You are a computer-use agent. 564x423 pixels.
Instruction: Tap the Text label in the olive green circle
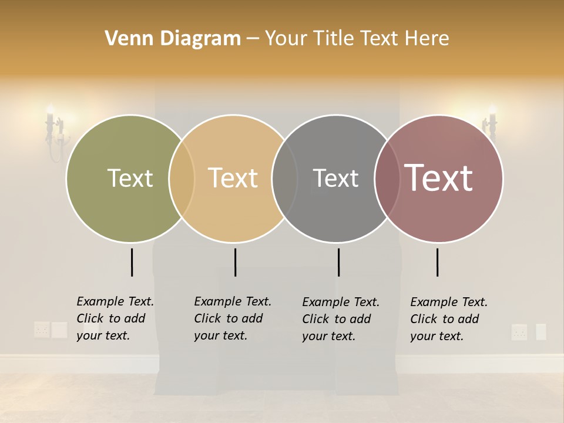point(130,178)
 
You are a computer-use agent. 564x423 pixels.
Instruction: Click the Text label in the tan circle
point(233,178)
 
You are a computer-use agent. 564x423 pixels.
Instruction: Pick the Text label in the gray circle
point(335,178)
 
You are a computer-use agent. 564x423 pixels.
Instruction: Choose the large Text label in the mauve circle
point(439,178)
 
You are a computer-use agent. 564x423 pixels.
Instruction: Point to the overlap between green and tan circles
point(182,178)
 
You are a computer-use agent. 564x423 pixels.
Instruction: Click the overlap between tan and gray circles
point(284,178)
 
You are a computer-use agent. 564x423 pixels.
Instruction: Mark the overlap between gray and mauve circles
point(387,178)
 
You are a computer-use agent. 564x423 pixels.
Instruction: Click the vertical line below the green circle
point(132,262)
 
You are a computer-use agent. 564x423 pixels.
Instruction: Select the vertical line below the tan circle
point(235,262)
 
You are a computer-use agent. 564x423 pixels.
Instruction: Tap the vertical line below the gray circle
point(338,262)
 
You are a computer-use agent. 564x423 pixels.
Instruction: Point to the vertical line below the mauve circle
point(438,262)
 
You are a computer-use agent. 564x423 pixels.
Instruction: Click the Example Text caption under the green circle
point(115,318)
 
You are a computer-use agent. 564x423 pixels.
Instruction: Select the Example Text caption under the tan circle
point(233,318)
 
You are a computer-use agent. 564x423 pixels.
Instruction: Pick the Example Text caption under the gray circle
point(341,319)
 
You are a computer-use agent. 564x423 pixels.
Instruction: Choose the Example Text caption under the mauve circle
point(449,319)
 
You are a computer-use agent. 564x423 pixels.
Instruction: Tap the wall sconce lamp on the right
point(491,123)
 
